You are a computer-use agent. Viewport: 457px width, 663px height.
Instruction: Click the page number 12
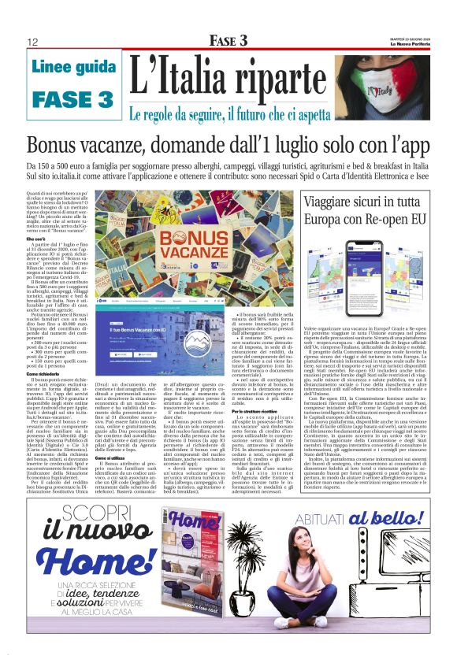[33, 42]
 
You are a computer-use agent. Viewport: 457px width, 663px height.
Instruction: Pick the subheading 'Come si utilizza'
[113, 435]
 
